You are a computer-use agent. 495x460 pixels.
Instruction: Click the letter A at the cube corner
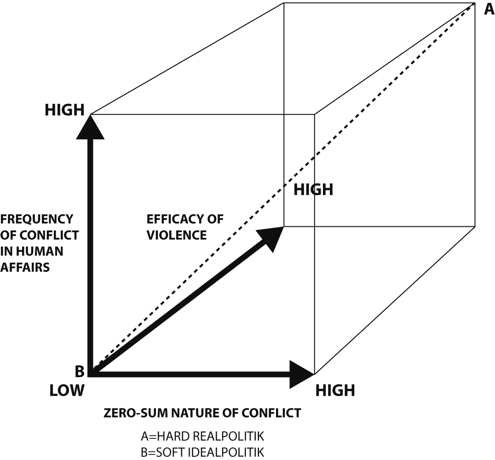tap(489, 9)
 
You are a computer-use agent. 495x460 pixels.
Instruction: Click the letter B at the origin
tap(80, 371)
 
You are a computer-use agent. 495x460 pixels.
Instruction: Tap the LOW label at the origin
tap(67, 391)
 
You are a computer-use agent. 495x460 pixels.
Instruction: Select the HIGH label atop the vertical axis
tap(64, 110)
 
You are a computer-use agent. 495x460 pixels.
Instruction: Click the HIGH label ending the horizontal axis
tap(335, 391)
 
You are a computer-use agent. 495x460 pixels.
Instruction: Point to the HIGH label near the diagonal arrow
tap(313, 190)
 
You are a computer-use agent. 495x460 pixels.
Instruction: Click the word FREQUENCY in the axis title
tap(37, 218)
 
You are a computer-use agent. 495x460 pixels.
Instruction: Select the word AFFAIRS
tap(25, 267)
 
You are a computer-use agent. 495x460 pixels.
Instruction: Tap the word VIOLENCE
tap(177, 235)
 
